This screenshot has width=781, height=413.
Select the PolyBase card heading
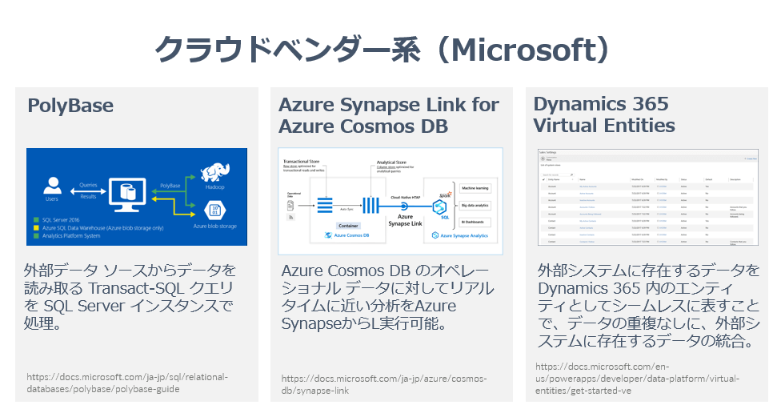[x=70, y=106]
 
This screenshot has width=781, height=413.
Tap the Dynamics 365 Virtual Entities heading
[x=604, y=115]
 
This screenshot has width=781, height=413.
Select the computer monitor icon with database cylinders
[x=128, y=191]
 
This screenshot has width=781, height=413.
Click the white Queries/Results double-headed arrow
[x=89, y=190]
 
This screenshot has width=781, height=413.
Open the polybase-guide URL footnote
[x=127, y=383]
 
